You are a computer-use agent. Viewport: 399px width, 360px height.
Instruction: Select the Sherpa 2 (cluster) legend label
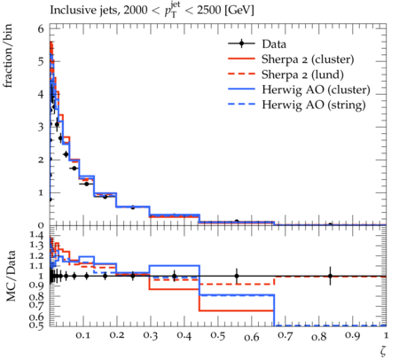[308, 59]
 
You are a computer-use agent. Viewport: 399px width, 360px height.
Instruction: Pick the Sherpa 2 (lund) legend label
[302, 74]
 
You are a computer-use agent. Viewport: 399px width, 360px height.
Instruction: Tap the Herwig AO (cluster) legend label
[316, 90]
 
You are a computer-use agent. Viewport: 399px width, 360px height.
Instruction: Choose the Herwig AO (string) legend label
[314, 105]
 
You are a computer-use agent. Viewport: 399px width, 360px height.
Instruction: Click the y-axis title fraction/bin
[8, 56]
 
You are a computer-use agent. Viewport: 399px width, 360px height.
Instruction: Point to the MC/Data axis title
[11, 276]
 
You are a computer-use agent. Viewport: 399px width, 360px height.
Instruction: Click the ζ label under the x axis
[383, 351]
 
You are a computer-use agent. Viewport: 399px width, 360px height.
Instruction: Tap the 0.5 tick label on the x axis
[218, 336]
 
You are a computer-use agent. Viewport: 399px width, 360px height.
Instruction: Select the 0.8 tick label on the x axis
[319, 337]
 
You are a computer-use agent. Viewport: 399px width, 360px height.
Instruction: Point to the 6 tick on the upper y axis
[41, 29]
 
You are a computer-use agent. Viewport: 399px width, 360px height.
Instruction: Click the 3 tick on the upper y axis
[41, 127]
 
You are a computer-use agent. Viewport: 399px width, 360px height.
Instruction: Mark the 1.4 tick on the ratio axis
[36, 235]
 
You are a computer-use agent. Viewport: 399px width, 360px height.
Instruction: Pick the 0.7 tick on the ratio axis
[36, 304]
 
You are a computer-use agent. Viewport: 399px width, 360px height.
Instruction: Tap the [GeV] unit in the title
[239, 11]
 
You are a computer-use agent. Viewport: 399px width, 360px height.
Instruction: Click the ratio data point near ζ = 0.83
[330, 276]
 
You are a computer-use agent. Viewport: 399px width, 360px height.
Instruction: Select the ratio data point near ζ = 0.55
[237, 276]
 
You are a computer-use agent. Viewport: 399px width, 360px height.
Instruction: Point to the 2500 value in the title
[208, 11]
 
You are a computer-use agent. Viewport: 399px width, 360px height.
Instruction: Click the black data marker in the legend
[241, 43]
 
